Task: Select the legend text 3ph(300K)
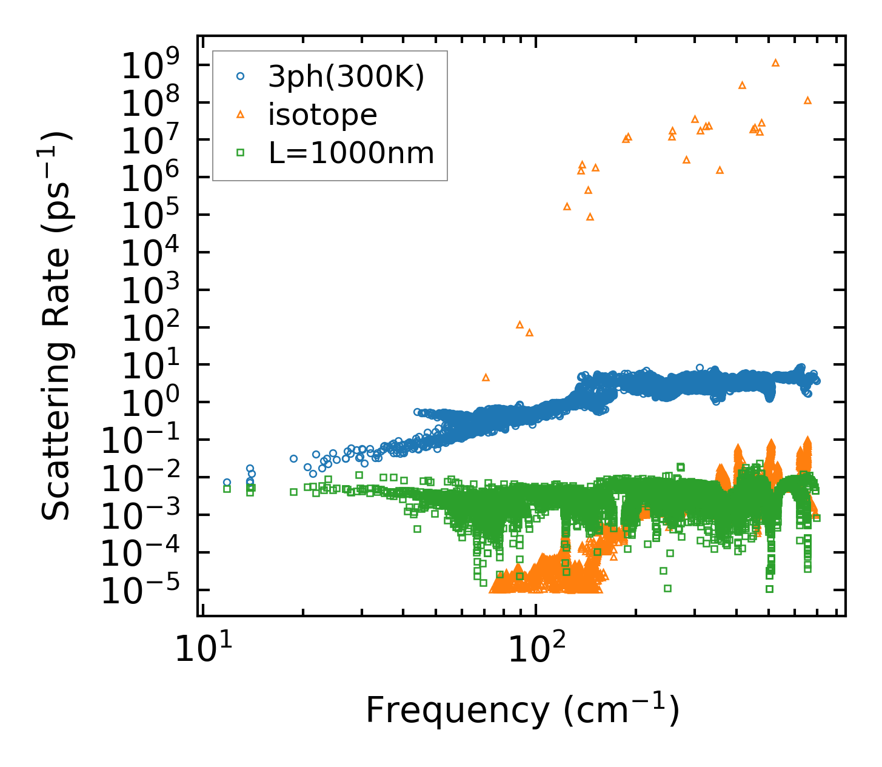[346, 77]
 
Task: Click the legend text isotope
[322, 115]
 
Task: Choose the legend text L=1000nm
[352, 153]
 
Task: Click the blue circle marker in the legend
[241, 76]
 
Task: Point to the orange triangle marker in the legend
[241, 114]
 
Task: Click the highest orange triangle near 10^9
[775, 62]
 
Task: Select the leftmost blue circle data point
[227, 483]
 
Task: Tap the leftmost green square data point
[227, 489]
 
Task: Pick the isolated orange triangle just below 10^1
[486, 377]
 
